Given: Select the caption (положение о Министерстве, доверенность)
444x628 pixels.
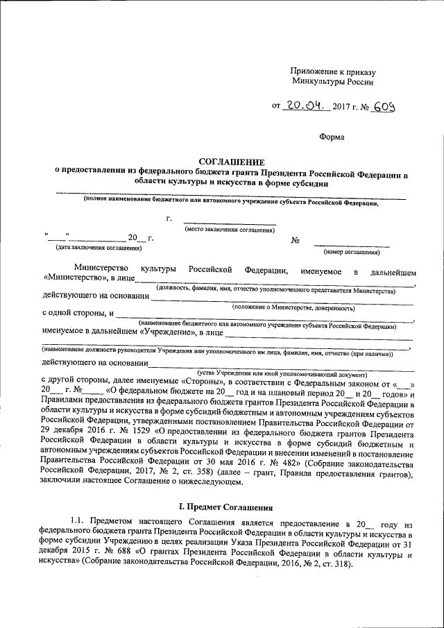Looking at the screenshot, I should (293, 307).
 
